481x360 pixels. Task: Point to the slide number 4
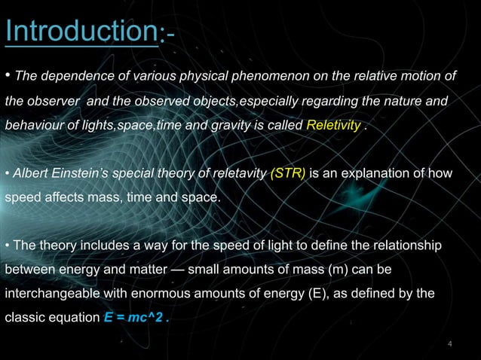pos(450,345)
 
